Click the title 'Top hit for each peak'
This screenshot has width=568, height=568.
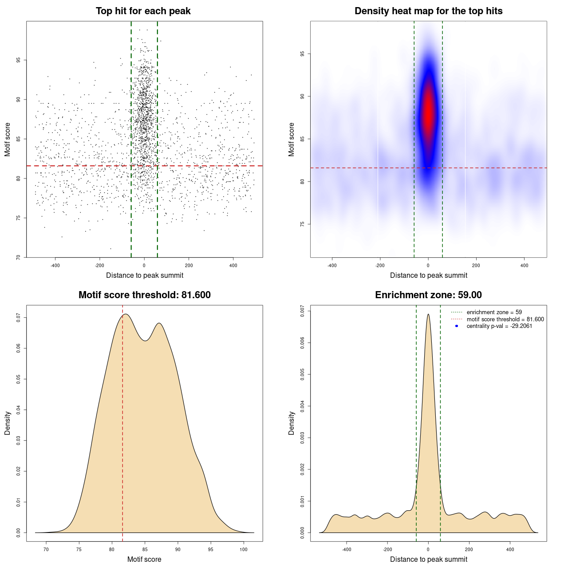[143, 11]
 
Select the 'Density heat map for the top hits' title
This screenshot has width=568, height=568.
[428, 11]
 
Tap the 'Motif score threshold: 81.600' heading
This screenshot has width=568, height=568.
[144, 295]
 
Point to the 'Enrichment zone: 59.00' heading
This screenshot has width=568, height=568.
[428, 295]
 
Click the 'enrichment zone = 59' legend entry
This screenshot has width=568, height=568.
[494, 312]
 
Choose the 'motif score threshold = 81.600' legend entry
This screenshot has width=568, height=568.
[505, 319]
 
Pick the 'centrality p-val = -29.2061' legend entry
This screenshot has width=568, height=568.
[499, 326]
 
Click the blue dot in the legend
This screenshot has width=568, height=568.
[457, 326]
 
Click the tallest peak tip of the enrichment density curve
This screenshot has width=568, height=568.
[428, 315]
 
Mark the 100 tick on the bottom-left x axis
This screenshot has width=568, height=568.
[244, 549]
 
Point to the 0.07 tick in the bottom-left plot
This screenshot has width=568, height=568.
[19, 318]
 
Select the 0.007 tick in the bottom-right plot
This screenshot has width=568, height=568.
[303, 311]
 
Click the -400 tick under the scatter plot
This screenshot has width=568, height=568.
[55, 265]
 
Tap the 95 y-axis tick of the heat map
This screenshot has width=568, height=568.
[303, 54]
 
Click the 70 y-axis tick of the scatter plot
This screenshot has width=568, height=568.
[19, 257]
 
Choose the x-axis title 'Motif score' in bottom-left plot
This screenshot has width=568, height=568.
[144, 559]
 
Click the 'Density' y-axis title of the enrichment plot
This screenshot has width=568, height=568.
[292, 423]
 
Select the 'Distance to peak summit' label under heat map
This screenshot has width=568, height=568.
[428, 276]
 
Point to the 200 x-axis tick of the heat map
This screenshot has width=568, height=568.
[476, 265]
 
